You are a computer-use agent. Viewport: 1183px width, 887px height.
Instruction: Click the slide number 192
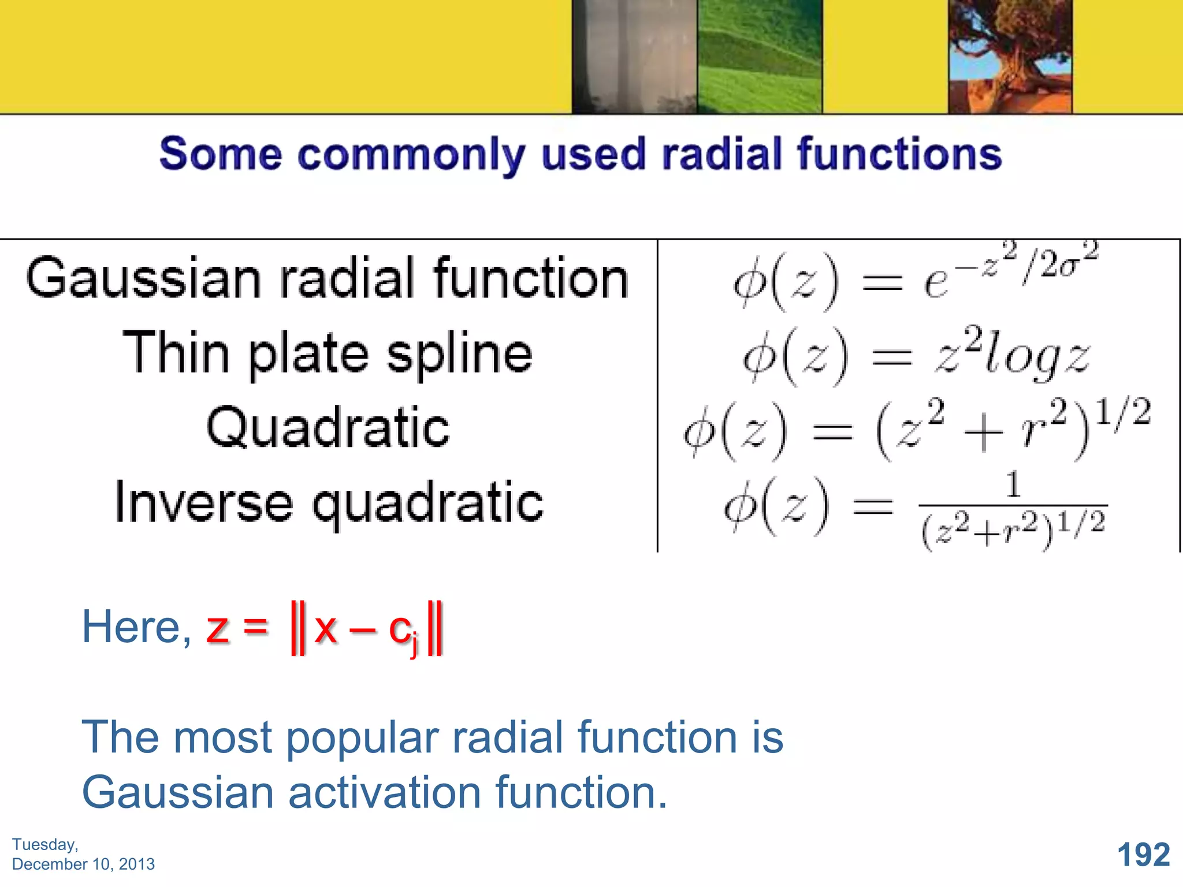click(x=1143, y=855)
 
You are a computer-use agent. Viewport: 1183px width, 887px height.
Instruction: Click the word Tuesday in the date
click(x=44, y=844)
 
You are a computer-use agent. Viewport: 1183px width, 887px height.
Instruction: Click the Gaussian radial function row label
click(x=327, y=278)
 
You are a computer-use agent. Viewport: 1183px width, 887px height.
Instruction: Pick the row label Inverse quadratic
click(x=329, y=502)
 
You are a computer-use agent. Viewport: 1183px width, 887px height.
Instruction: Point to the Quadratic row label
click(x=328, y=427)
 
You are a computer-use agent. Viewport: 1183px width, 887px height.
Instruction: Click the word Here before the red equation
click(x=136, y=627)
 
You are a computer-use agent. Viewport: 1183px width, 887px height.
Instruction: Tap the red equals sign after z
click(x=255, y=626)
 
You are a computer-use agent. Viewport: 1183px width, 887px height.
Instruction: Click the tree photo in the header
click(x=1010, y=56)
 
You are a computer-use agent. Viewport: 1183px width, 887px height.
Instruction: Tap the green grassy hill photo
click(x=759, y=56)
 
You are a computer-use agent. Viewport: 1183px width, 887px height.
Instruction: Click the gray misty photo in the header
click(x=634, y=56)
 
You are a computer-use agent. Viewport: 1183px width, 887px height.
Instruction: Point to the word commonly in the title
click(x=411, y=155)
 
